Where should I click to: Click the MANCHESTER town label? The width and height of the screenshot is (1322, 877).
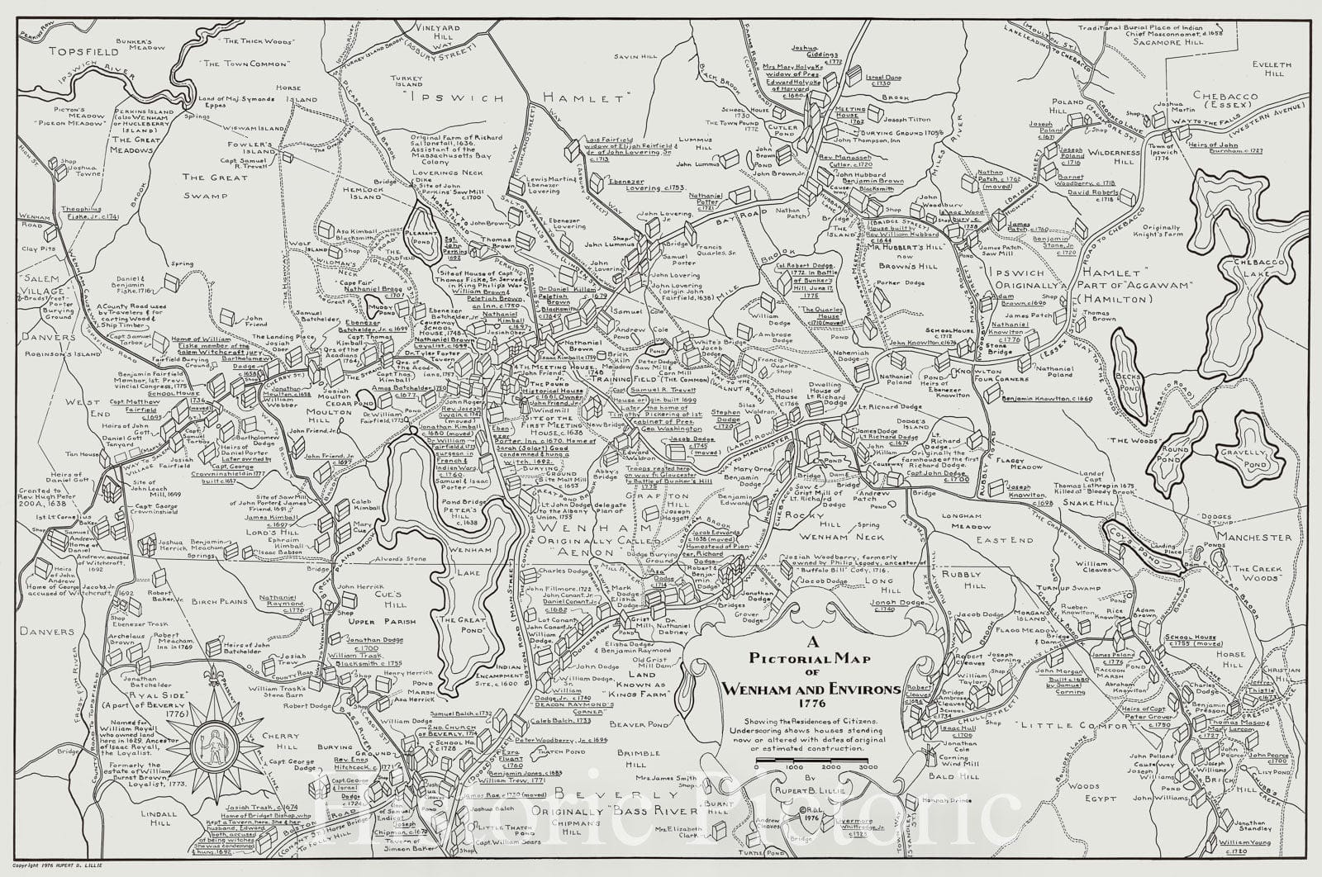pyautogui.click(x=1258, y=537)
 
